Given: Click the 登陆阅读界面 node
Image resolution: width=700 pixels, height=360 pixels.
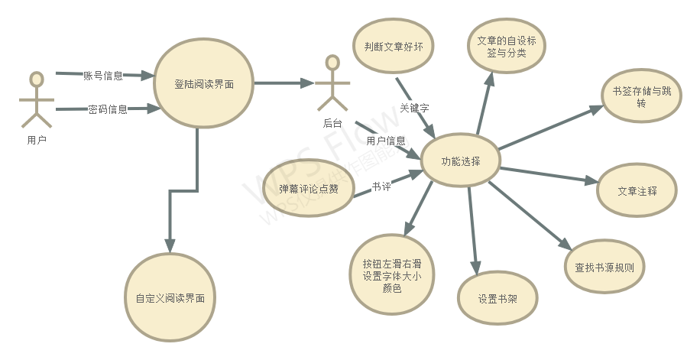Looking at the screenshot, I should [x=204, y=85].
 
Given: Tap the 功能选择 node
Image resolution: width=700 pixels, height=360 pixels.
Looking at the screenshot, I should [x=461, y=161].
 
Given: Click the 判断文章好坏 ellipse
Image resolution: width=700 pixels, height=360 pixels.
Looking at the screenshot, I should [x=394, y=46].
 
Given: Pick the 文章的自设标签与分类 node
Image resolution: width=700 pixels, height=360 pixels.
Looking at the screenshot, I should [x=507, y=47].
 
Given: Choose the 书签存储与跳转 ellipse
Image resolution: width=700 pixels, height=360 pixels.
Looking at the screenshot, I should [x=641, y=97].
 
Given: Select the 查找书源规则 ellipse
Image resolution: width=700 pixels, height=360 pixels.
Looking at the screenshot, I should [x=609, y=268].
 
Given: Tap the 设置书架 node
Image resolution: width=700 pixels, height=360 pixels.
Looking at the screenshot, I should [x=497, y=298].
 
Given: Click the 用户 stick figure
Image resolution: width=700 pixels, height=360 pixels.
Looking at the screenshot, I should [x=36, y=99].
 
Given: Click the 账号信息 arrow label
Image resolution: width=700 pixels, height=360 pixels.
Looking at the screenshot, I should [x=102, y=75].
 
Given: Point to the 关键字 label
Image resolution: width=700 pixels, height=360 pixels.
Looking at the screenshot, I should [x=414, y=108].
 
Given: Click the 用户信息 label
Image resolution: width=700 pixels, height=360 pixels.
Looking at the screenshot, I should [x=386, y=141].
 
